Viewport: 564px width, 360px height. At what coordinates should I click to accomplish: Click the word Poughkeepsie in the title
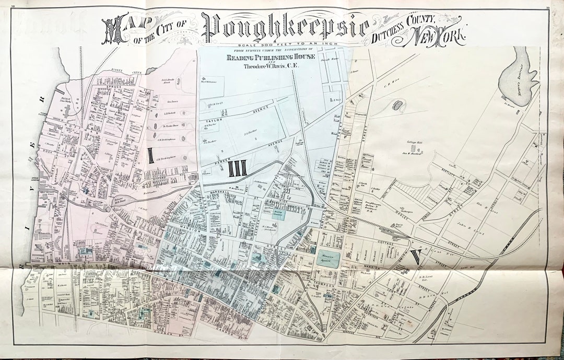tap(285, 25)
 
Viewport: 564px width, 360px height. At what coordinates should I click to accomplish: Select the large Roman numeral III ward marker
tap(238, 168)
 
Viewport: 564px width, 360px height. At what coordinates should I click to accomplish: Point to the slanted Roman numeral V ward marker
tap(416, 258)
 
